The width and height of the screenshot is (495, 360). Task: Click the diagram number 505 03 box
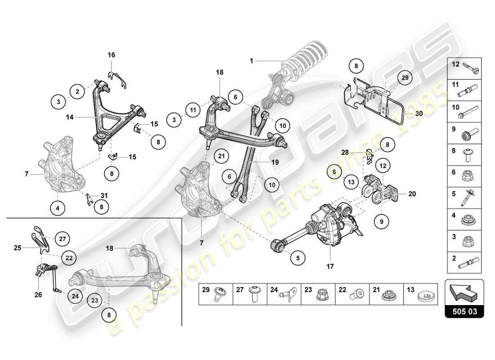464,310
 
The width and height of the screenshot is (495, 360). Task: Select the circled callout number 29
405,78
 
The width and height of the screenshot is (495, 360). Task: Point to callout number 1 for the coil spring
252,60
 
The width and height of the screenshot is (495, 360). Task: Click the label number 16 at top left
111,55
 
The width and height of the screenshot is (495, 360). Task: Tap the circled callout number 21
220,156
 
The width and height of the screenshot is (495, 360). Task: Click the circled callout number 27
63,239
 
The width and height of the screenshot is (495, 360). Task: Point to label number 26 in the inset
39,295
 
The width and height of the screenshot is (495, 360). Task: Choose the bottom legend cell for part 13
421,294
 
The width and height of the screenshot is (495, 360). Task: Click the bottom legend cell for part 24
284,294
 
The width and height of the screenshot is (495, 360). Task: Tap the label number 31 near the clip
104,195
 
